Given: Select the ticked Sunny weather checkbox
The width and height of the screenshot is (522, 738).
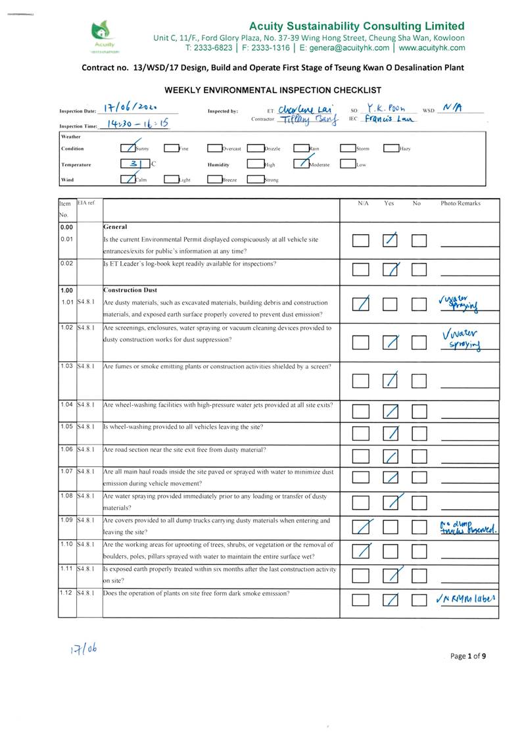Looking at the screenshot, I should pyautogui.click(x=129, y=149).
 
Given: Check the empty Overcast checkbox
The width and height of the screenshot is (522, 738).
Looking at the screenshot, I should pyautogui.click(x=215, y=149).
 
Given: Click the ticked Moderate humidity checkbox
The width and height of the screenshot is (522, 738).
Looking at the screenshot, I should pyautogui.click(x=301, y=164).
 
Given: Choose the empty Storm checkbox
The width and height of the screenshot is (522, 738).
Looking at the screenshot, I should pyautogui.click(x=348, y=149).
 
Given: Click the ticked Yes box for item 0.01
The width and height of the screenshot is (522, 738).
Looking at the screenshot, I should pyautogui.click(x=391, y=240).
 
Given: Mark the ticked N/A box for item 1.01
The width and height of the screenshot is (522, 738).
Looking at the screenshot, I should pyautogui.click(x=360, y=304).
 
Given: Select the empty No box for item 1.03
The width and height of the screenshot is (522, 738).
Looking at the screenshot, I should pyautogui.click(x=419, y=380).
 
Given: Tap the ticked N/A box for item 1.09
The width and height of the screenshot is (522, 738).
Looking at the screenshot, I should pyautogui.click(x=360, y=526).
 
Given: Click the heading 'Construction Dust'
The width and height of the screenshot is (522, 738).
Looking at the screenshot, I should pyautogui.click(x=130, y=290).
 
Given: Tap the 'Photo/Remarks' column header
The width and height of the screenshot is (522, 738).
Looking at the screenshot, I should pyautogui.click(x=460, y=203).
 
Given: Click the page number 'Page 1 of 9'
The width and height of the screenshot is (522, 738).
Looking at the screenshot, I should pyautogui.click(x=468, y=656).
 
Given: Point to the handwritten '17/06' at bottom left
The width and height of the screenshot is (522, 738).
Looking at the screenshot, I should pyautogui.click(x=83, y=650).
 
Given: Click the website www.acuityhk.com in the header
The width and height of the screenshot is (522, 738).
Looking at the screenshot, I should pyautogui.click(x=431, y=48).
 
